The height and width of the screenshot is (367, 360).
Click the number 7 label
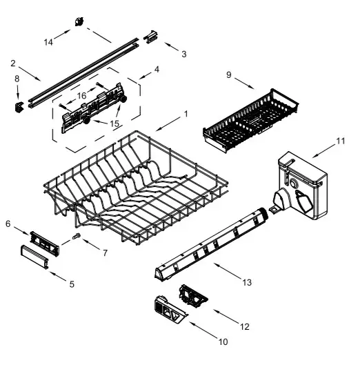pos(104,252)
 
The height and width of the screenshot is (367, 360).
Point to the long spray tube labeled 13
pos(210,239)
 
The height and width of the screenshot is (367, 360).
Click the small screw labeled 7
pos(77,238)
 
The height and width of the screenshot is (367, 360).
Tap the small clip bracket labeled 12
pos(192,295)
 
